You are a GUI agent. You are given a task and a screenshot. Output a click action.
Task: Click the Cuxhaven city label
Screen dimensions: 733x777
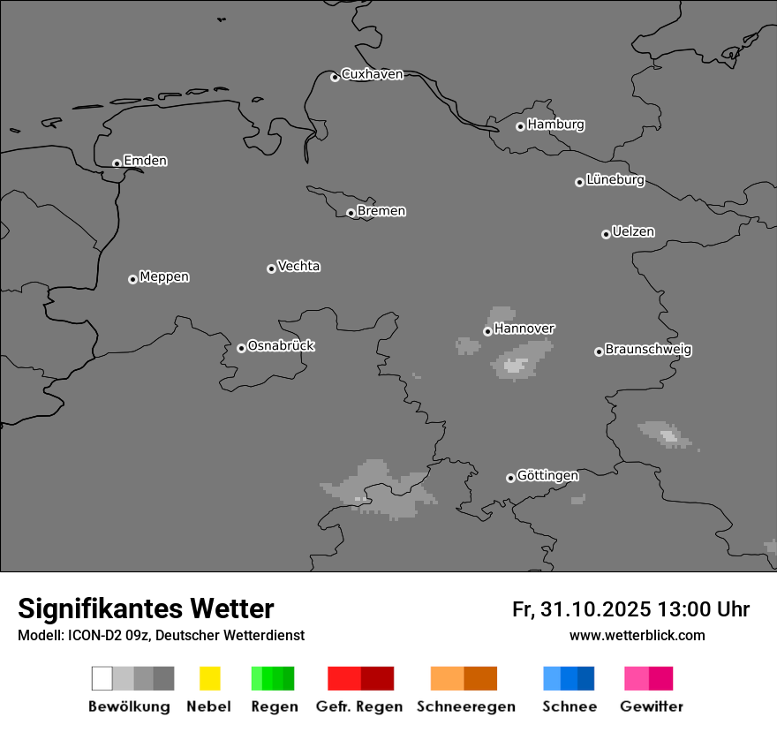(x=372, y=74)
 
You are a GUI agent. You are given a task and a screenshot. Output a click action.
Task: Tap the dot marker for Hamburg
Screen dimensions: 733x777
(x=520, y=126)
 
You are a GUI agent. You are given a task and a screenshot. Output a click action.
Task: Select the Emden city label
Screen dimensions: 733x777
(x=145, y=161)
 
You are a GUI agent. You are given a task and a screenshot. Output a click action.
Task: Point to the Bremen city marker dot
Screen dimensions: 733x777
(x=351, y=213)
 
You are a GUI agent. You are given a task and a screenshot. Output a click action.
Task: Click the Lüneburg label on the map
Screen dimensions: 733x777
(x=615, y=180)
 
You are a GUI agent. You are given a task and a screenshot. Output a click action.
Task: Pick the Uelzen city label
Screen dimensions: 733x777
(x=633, y=232)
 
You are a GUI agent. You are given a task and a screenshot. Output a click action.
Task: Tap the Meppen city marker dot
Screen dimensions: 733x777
(x=132, y=279)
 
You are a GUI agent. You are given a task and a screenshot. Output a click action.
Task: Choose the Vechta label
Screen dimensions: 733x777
(x=298, y=266)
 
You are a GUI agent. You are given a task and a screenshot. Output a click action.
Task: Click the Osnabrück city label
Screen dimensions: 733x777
(x=281, y=346)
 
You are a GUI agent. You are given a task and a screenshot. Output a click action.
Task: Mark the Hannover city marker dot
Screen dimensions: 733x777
(x=487, y=331)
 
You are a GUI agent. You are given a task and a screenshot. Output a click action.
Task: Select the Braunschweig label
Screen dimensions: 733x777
(x=648, y=350)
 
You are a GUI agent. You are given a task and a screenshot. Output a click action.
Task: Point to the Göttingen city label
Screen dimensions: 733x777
(x=547, y=476)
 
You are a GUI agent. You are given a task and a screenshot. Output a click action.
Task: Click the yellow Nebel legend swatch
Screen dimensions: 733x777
(x=209, y=678)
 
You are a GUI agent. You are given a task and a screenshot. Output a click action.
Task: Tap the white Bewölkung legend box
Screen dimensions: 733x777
(x=102, y=678)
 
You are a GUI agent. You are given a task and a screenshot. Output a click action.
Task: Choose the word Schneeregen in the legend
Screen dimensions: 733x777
(x=465, y=707)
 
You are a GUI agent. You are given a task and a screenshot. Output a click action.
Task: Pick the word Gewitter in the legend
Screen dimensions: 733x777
(x=652, y=707)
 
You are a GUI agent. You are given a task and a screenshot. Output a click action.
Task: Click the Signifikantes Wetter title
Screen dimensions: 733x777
(x=146, y=608)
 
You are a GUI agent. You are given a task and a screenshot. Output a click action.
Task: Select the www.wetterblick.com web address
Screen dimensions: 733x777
(x=637, y=636)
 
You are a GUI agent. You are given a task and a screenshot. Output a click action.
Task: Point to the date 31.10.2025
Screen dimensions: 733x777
(x=593, y=609)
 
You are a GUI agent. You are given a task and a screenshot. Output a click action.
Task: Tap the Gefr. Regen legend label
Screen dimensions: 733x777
(x=358, y=707)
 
